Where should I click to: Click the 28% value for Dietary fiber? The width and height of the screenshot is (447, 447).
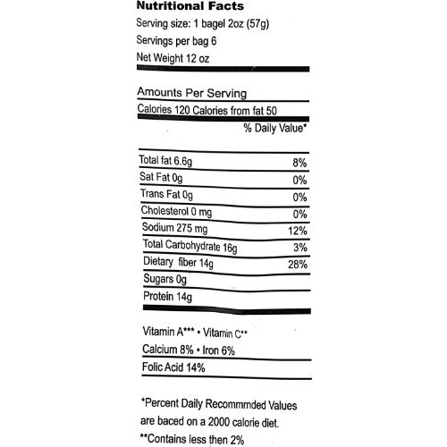pos(297,265)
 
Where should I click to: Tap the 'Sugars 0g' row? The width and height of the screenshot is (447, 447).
pos(164,280)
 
